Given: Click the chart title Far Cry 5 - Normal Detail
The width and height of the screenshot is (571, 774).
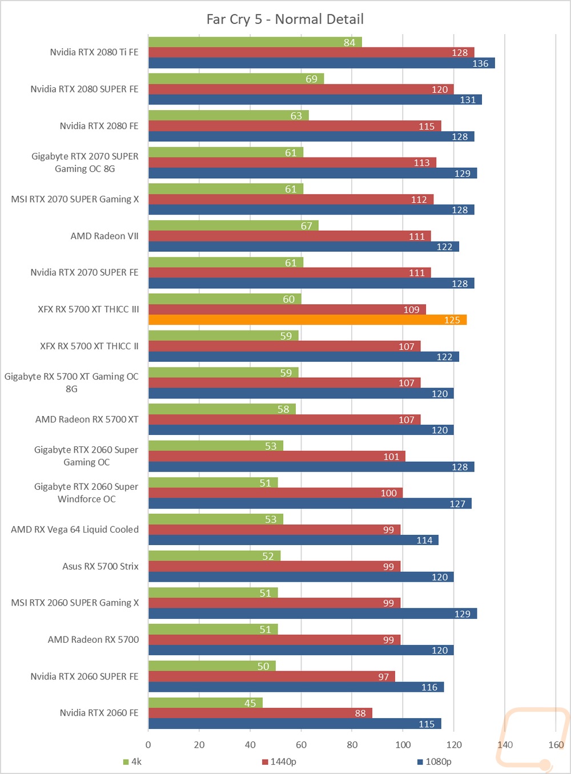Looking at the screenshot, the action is click(285, 19).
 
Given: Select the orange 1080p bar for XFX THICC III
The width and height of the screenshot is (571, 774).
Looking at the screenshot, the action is click(308, 320).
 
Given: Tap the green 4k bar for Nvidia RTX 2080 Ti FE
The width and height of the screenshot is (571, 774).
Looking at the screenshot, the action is click(255, 42).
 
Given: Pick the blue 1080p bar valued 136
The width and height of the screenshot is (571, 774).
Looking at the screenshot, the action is click(322, 63).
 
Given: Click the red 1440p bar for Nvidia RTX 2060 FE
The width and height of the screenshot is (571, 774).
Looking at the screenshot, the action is click(260, 713).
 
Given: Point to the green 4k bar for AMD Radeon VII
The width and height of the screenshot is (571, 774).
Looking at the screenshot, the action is click(234, 225).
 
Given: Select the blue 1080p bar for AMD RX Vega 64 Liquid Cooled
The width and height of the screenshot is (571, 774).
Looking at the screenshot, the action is click(293, 540).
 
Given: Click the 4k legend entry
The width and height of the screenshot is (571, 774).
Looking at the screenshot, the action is click(132, 761).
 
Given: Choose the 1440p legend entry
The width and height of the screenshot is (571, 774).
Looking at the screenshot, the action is click(279, 761).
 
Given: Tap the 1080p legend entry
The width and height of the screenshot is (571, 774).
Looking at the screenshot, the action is click(435, 761).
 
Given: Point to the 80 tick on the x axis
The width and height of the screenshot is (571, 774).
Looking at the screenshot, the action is click(352, 745).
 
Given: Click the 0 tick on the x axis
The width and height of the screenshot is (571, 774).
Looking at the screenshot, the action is click(148, 745).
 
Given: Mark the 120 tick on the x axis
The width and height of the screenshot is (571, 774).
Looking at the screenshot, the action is click(454, 745).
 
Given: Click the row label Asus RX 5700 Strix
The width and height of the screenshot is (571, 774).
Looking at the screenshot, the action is click(100, 566).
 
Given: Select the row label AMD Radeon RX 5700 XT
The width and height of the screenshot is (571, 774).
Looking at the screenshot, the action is click(87, 420).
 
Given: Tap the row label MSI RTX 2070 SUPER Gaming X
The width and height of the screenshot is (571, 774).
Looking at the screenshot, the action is click(75, 199).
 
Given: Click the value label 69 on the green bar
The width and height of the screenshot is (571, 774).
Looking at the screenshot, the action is click(311, 79).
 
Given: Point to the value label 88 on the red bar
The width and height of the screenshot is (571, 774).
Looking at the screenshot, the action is click(360, 713).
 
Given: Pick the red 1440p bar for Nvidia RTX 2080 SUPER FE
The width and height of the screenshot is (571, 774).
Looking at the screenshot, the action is click(301, 90).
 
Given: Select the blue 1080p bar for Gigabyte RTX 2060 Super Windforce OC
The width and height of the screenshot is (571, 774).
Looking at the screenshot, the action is click(310, 503).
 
